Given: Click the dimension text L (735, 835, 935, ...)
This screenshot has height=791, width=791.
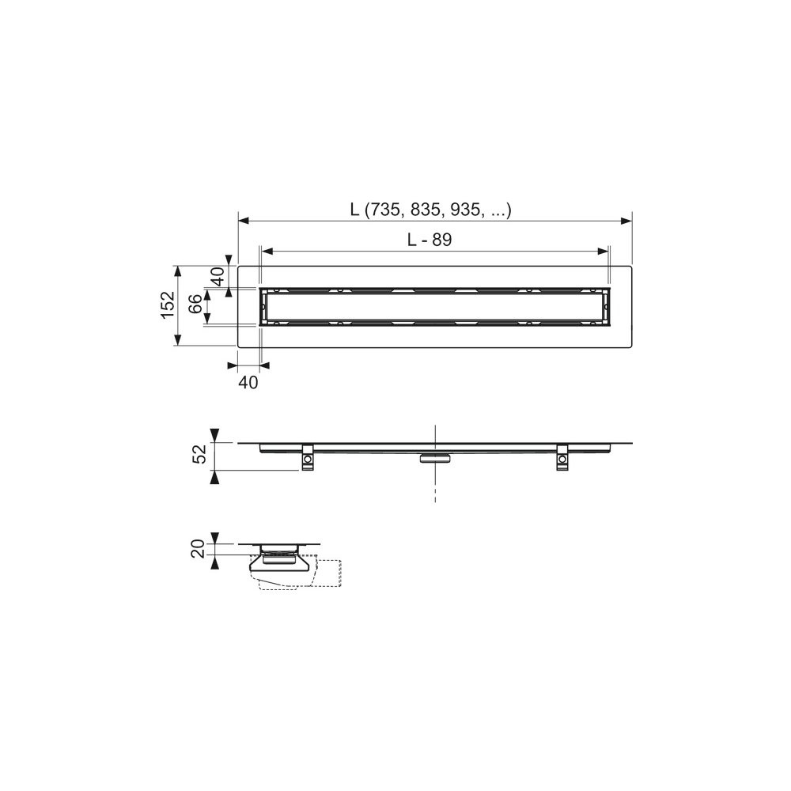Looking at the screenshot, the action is click(x=431, y=210).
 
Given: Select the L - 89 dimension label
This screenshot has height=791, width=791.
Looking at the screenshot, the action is click(x=430, y=240).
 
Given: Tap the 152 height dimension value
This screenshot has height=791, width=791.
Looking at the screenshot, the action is click(x=168, y=305).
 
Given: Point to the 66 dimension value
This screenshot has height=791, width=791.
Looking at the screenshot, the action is click(x=195, y=305).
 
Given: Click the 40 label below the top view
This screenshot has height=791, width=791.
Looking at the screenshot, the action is click(x=248, y=383).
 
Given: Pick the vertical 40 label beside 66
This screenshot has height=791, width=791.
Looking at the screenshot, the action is click(x=218, y=276).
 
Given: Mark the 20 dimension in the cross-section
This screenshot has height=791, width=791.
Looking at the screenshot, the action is click(x=199, y=548).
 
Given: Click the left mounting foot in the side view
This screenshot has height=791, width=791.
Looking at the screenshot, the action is click(x=307, y=457).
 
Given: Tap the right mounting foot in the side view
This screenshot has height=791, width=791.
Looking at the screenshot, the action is click(x=562, y=457).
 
